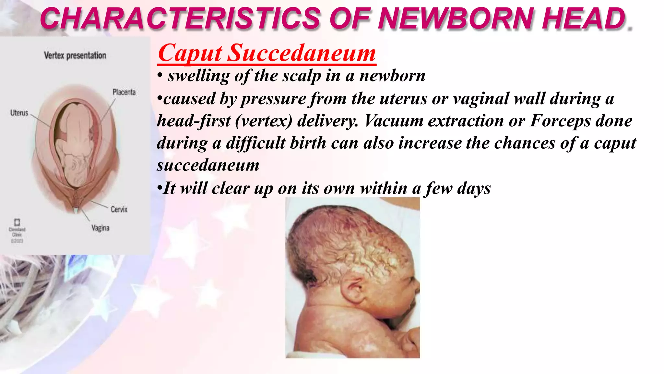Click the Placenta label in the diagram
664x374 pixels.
[x=124, y=92]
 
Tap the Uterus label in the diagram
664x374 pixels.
[x=19, y=113]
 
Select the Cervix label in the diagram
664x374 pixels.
[x=119, y=209]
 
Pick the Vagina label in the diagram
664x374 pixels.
[x=100, y=228]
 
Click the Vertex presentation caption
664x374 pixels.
[x=75, y=56]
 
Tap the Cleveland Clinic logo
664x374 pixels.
[x=17, y=222]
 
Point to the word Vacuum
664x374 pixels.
[x=394, y=121]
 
